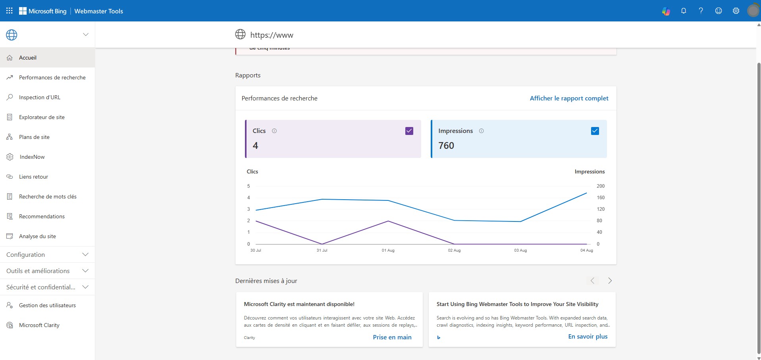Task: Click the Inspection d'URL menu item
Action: click(x=39, y=97)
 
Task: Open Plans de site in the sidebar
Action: click(x=34, y=137)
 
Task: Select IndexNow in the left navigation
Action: click(x=32, y=157)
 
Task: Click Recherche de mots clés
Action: click(x=48, y=196)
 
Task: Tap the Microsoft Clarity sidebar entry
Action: click(x=39, y=325)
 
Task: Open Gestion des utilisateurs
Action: click(x=47, y=305)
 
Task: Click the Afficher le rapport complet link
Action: click(x=569, y=98)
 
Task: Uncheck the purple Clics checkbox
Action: click(x=409, y=131)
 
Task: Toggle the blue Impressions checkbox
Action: click(x=595, y=131)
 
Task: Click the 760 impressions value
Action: click(x=446, y=146)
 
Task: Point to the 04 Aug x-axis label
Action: click(x=586, y=250)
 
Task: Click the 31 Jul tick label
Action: click(x=322, y=250)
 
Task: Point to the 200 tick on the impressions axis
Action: click(x=601, y=186)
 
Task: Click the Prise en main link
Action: click(x=392, y=337)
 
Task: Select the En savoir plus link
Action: click(x=588, y=336)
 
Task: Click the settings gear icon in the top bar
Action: click(x=736, y=11)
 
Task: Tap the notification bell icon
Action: click(x=684, y=11)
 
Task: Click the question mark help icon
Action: click(x=701, y=11)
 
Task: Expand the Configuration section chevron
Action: click(x=85, y=254)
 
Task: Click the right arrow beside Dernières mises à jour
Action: click(x=610, y=281)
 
